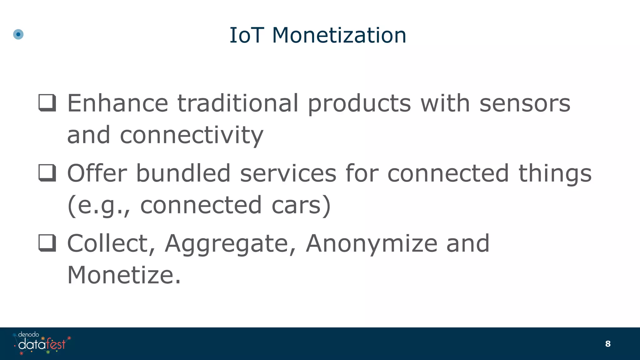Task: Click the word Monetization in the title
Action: (339, 35)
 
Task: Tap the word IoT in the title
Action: (247, 35)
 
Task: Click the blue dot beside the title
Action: (18, 34)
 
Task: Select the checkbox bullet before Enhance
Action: (47, 103)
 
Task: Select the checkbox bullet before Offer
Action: (47, 173)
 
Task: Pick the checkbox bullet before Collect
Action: (47, 243)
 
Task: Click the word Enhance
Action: (118, 103)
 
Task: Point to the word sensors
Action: (525, 103)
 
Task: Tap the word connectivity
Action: (192, 135)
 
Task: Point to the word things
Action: (555, 174)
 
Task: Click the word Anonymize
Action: (372, 244)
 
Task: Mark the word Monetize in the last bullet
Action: (124, 275)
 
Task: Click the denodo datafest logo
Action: (42, 343)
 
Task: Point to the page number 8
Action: (608, 344)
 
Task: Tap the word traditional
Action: (238, 103)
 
